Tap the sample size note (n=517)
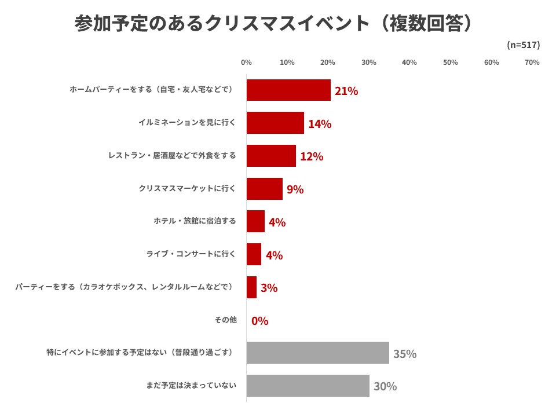point(523,45)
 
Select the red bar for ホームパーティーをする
point(288,90)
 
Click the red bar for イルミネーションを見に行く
point(275,123)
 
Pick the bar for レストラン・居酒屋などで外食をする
point(271,156)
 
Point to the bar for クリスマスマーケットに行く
point(265,189)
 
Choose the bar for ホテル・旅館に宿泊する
point(255,221)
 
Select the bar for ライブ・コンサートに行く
point(254,254)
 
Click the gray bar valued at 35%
point(317,353)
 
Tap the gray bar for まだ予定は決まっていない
point(308,386)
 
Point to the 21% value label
point(346,91)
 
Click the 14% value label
point(320,124)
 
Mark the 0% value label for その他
point(259,321)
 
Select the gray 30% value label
point(385,386)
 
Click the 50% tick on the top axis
point(450,63)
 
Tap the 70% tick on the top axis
point(532,63)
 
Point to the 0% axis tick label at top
point(246,63)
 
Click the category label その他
point(225,320)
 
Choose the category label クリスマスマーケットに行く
point(187,188)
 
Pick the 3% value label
point(269,288)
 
